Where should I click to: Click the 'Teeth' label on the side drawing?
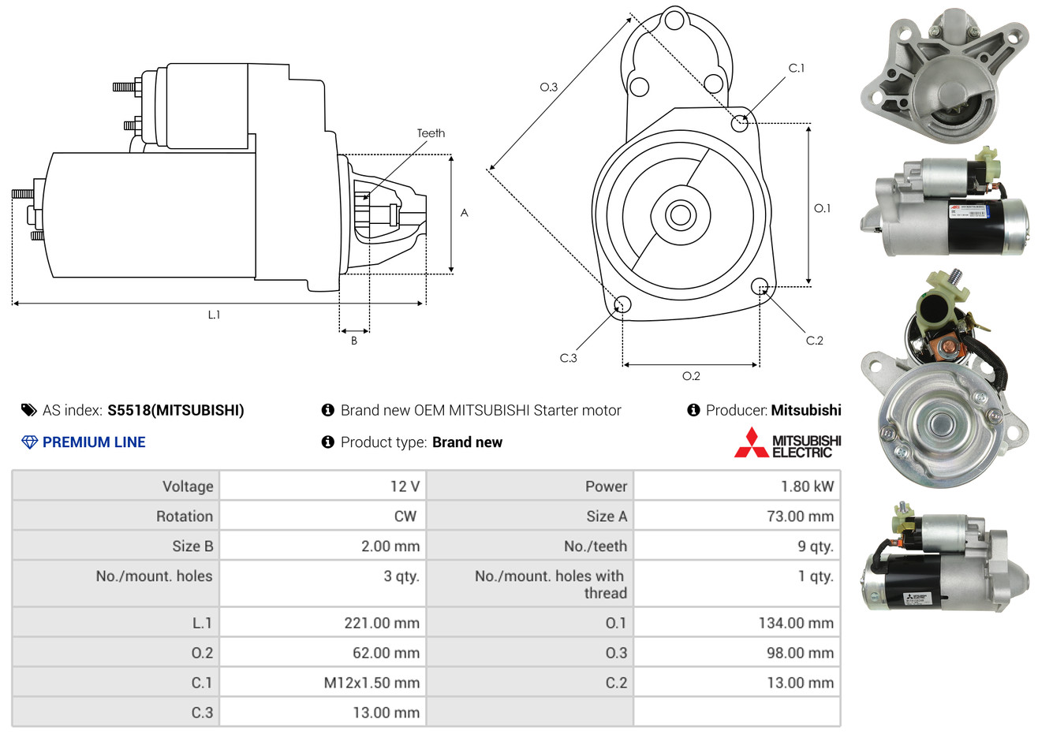(x=431, y=133)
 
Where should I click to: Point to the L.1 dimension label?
(x=214, y=315)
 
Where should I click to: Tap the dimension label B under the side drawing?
(x=354, y=341)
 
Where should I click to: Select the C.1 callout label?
(x=797, y=69)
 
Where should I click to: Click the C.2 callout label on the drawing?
(x=814, y=341)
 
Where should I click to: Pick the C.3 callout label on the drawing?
(x=568, y=358)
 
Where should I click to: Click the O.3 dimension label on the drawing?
(x=548, y=87)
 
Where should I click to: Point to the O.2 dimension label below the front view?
(x=691, y=376)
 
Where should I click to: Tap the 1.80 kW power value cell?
(x=807, y=486)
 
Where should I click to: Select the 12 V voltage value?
(x=405, y=486)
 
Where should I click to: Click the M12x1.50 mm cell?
(x=372, y=683)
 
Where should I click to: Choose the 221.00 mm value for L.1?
(x=382, y=623)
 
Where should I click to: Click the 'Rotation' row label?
(x=185, y=516)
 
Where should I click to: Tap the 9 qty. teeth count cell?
(x=815, y=546)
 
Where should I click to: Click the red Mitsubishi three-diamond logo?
(x=751, y=443)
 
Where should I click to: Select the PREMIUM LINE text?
(x=94, y=442)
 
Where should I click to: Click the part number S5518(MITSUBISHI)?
(x=176, y=410)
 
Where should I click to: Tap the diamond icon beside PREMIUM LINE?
(x=29, y=442)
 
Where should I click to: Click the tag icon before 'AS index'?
(x=29, y=410)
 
